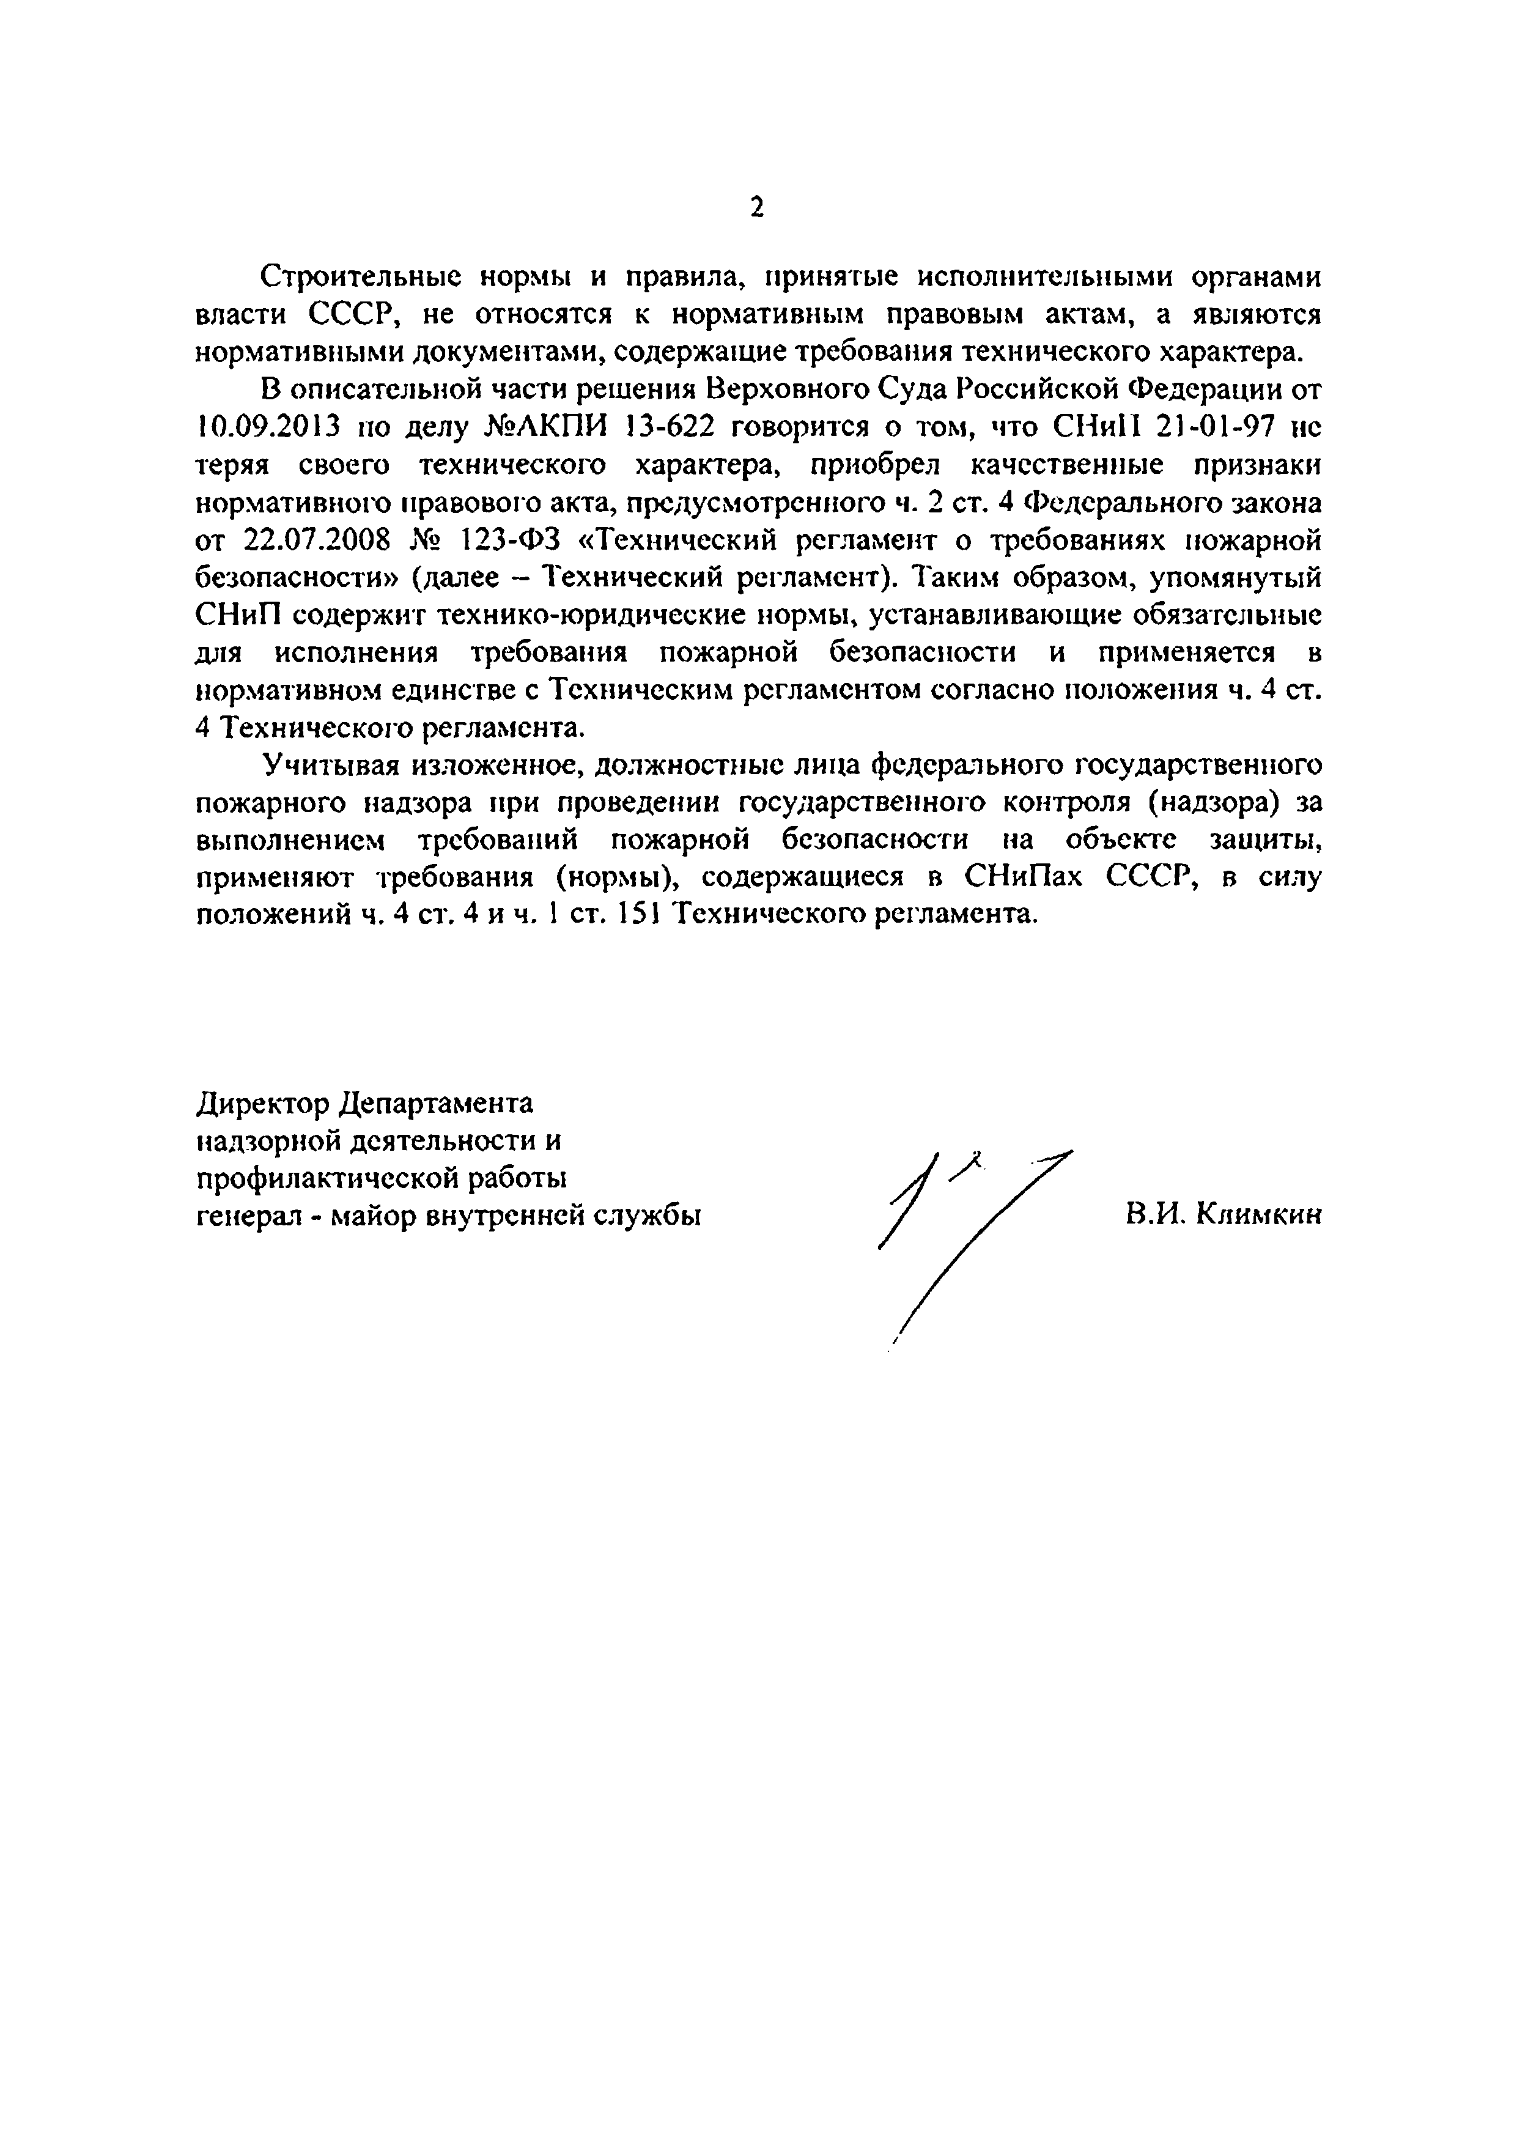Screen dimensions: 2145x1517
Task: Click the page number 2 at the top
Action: (756, 207)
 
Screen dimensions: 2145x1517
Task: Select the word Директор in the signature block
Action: (262, 1103)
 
